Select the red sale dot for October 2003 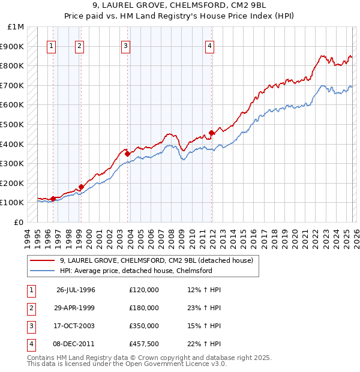tap(127, 154)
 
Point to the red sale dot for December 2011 tap(211, 133)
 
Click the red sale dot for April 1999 tap(81, 187)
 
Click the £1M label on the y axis tap(16, 27)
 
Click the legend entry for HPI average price tap(136, 271)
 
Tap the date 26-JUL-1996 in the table tap(76, 290)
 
